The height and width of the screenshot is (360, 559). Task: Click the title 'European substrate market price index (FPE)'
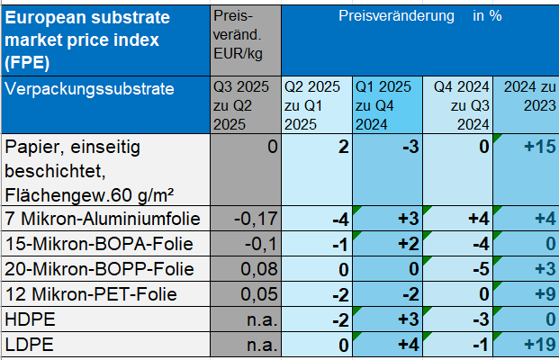point(87,40)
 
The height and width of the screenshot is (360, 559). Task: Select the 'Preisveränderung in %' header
point(420,15)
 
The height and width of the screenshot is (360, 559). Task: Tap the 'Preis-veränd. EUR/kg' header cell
point(239,34)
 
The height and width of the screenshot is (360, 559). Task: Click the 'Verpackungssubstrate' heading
point(89,89)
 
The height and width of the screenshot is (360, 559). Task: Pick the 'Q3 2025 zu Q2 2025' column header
point(241,105)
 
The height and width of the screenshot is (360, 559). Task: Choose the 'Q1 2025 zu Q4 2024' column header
point(383,105)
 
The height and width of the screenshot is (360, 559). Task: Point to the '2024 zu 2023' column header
point(530,96)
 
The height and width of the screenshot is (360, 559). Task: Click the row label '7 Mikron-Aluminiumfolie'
point(103,219)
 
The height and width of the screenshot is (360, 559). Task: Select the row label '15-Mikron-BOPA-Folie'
point(99,244)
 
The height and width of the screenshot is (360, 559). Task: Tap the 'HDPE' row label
point(30,319)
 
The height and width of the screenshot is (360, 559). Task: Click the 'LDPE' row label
point(29,345)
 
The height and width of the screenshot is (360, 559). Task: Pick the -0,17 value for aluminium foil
point(256,219)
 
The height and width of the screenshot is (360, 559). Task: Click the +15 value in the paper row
point(540,147)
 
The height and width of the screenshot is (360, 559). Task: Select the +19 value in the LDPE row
point(540,345)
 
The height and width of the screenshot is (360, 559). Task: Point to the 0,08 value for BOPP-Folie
point(259,269)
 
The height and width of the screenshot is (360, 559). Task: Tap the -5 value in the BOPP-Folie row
point(481,269)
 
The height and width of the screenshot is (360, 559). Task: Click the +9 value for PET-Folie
point(545,294)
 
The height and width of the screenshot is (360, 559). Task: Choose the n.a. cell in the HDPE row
point(262,319)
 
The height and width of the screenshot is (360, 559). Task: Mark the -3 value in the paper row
point(410,147)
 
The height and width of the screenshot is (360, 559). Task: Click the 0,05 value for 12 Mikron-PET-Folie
point(259,294)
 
